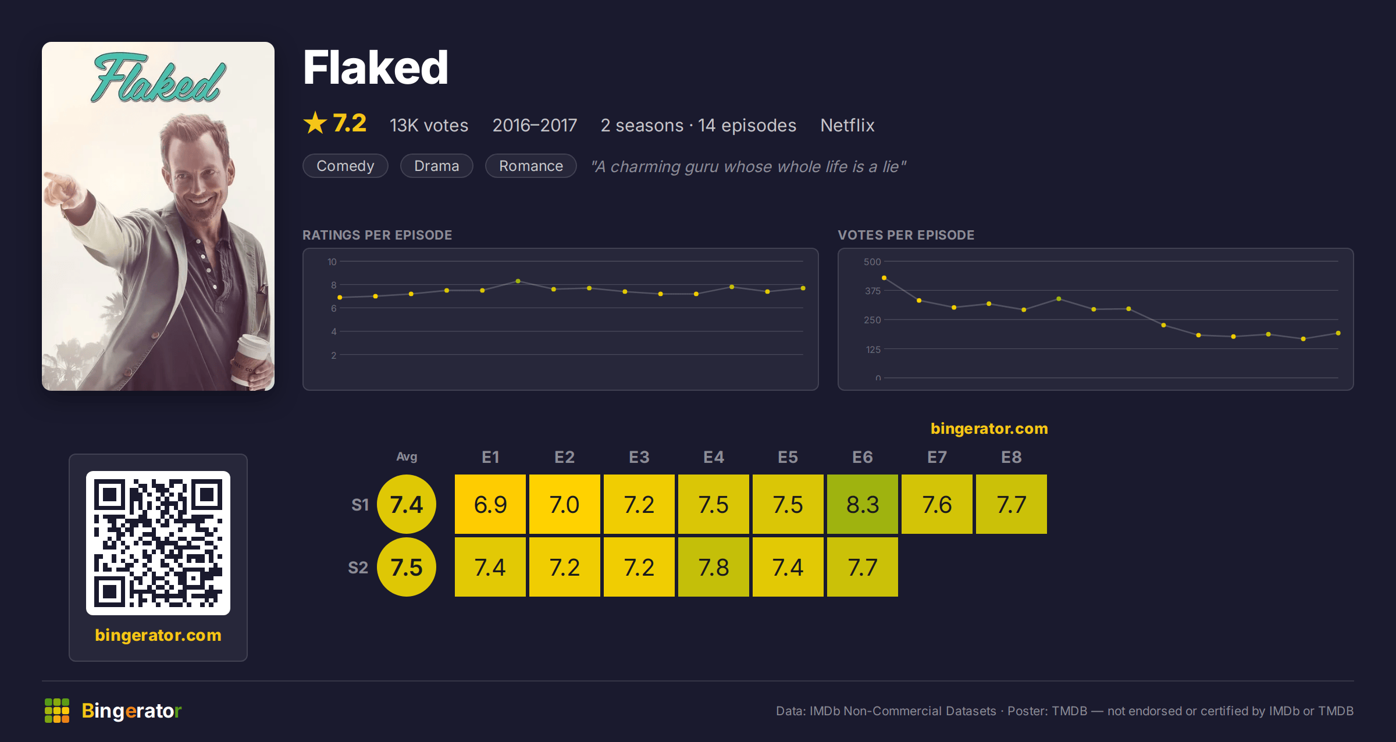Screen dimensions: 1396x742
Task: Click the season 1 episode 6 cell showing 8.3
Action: pyautogui.click(x=862, y=504)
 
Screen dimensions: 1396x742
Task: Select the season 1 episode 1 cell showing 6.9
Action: pyautogui.click(x=490, y=504)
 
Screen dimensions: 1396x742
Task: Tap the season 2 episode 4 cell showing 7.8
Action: pyautogui.click(x=713, y=567)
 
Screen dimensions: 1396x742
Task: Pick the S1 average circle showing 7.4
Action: pyautogui.click(x=407, y=504)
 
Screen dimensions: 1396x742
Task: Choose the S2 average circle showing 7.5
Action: pyautogui.click(x=407, y=567)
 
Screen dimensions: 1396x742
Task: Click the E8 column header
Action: pyautogui.click(x=1011, y=457)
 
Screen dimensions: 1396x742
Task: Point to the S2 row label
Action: pyautogui.click(x=358, y=568)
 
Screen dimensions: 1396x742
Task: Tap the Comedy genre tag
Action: pyautogui.click(x=346, y=166)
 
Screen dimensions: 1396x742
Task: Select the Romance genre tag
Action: pyautogui.click(x=531, y=166)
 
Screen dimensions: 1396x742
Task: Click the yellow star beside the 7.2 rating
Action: pyautogui.click(x=315, y=123)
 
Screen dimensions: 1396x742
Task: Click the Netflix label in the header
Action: pyautogui.click(x=847, y=125)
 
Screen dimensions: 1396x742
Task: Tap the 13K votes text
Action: pyautogui.click(x=429, y=125)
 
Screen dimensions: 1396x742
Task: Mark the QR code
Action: pyautogui.click(x=158, y=543)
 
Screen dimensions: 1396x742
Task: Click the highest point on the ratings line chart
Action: pyautogui.click(x=518, y=281)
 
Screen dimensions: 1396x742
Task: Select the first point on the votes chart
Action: pyautogui.click(x=884, y=278)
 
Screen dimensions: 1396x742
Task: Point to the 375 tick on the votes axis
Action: pyautogui.click(x=872, y=291)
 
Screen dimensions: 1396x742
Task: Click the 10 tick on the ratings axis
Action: pyautogui.click(x=332, y=262)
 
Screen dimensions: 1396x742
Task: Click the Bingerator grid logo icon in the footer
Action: pyautogui.click(x=57, y=711)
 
